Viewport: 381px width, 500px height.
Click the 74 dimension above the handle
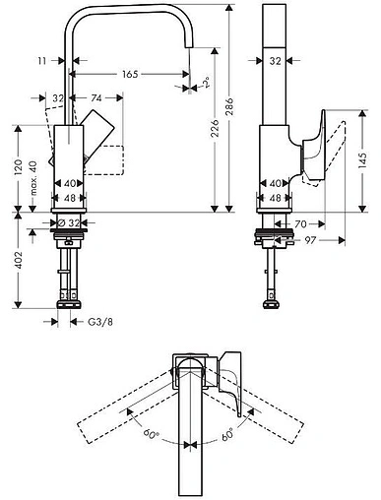point(96,98)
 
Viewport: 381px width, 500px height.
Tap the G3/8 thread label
point(98,322)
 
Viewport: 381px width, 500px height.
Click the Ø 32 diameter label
point(67,224)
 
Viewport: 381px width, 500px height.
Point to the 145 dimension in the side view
point(364,159)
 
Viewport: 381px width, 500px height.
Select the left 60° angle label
point(150,432)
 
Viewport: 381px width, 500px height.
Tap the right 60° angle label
point(226,432)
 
